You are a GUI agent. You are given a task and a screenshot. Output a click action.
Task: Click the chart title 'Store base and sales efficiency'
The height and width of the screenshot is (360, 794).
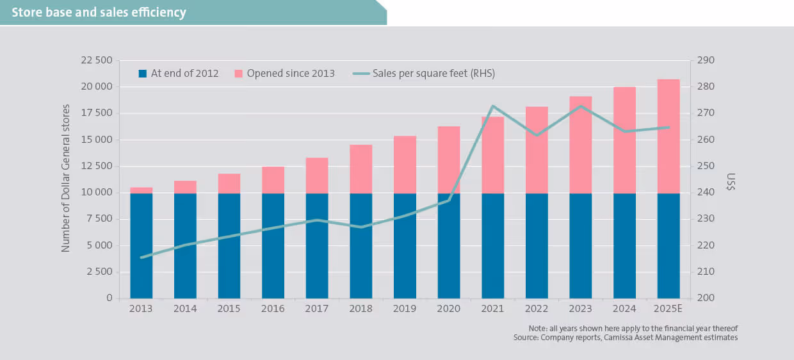click(x=99, y=12)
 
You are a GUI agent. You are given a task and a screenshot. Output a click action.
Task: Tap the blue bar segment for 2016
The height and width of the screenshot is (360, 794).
click(x=273, y=245)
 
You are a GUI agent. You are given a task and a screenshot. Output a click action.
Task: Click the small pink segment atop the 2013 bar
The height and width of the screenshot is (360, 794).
click(x=141, y=190)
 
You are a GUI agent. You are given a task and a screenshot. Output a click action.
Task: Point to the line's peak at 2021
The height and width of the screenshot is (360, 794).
click(x=492, y=106)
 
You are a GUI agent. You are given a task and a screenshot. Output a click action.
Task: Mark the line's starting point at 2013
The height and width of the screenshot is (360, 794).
click(x=141, y=258)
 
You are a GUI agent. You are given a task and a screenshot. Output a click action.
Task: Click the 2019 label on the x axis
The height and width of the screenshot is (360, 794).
click(x=405, y=309)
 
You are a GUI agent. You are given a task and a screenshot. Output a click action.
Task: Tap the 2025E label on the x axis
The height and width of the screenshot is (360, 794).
click(x=668, y=309)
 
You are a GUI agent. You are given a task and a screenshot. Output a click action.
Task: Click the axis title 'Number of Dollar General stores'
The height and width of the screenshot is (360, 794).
click(x=66, y=178)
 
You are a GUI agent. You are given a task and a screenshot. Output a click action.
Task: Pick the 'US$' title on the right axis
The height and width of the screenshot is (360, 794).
click(x=731, y=182)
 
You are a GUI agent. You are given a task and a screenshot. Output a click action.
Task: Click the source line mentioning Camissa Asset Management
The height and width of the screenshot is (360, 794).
click(x=625, y=337)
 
